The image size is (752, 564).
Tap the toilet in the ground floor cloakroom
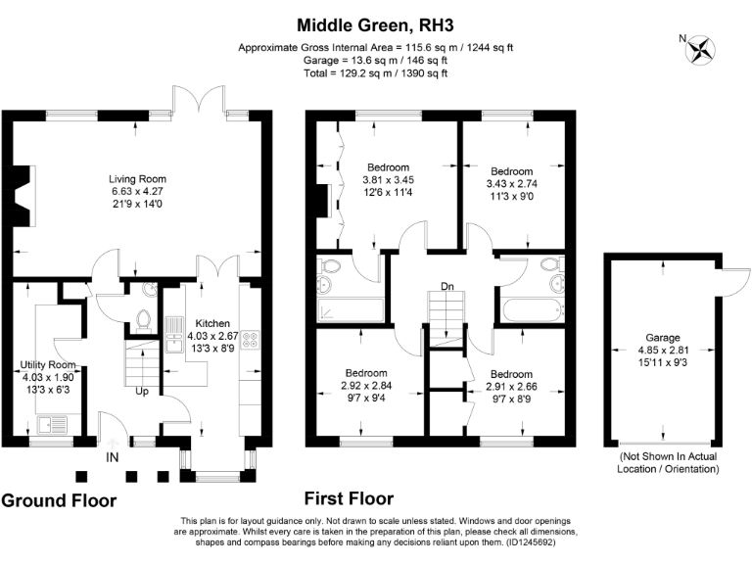tap(144, 318)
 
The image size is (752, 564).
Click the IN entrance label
tap(113, 456)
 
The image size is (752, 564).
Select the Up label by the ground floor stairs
tap(140, 391)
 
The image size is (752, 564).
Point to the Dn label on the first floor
tap(446, 287)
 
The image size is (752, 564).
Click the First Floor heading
tap(349, 499)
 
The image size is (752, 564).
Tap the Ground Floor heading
tap(59, 500)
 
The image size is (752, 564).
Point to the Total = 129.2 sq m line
tap(376, 71)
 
